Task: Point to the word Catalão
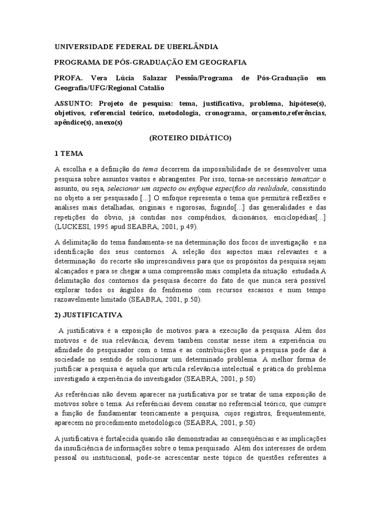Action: [150, 88]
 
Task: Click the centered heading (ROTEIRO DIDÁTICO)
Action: [190, 138]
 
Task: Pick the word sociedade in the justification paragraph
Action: [70, 358]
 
